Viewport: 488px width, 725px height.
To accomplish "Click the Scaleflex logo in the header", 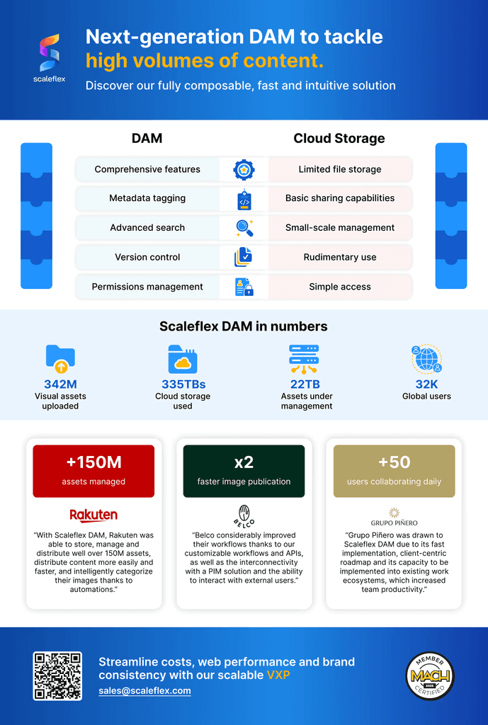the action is pos(49,56).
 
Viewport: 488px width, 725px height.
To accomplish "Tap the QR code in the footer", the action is pos(57,675).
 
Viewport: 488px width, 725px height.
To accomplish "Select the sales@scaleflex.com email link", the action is pos(144,690).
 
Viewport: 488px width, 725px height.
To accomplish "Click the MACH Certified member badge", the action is pos(429,675).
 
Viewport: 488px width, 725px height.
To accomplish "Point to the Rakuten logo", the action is pos(93,515).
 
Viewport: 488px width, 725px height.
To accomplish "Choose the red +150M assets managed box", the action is pos(93,471).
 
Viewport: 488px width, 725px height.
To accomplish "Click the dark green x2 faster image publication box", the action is pos(244,471).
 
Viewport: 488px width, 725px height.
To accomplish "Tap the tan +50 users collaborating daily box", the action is pos(394,471).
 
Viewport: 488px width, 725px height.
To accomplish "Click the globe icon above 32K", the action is pos(426,360).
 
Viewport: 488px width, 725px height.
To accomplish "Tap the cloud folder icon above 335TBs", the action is pos(183,360).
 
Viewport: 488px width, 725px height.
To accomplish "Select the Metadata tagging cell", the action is pos(147,198).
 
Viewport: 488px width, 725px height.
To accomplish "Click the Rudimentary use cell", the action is pos(340,257).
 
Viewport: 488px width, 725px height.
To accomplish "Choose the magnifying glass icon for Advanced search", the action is pos(244,228).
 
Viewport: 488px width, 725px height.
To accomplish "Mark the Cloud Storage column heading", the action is pos(339,138).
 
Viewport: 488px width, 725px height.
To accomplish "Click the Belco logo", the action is pos(244,515).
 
